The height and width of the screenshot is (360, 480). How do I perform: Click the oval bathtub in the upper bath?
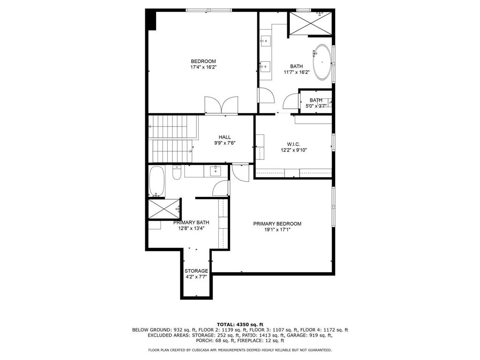(322, 62)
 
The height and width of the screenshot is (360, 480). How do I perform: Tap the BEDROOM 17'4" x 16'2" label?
(203, 64)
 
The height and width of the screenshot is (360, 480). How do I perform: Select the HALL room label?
(225, 137)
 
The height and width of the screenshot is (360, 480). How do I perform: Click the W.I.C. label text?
(293, 144)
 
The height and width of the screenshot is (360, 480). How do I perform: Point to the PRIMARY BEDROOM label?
(277, 224)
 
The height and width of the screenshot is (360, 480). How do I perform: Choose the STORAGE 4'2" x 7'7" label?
(196, 274)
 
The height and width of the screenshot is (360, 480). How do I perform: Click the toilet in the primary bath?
(177, 172)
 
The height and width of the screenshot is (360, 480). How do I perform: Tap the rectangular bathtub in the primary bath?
(157, 181)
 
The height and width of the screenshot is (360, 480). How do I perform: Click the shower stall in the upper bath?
(310, 23)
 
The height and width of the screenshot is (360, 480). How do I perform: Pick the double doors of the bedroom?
(221, 105)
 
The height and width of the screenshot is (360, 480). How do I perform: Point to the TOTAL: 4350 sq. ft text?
(240, 324)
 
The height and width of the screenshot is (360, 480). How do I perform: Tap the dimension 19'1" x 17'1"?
(277, 230)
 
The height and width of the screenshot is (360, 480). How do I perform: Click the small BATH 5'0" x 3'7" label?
(316, 103)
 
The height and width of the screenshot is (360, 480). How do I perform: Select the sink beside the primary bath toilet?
(216, 171)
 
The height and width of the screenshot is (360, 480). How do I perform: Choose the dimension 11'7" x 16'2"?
(297, 72)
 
